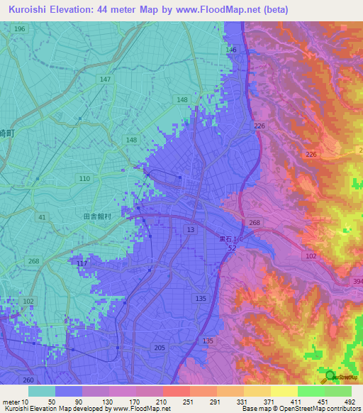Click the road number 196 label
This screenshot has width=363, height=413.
point(19,28)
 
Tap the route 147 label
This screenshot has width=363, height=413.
point(106,79)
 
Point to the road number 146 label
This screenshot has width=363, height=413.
point(231,50)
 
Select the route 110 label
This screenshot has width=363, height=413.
point(85,178)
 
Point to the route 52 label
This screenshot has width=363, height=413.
point(232,247)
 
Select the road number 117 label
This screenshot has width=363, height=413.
point(82,264)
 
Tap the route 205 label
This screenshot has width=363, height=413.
point(159,347)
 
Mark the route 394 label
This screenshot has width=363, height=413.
point(357,281)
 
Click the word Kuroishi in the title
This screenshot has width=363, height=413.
point(30,9)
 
